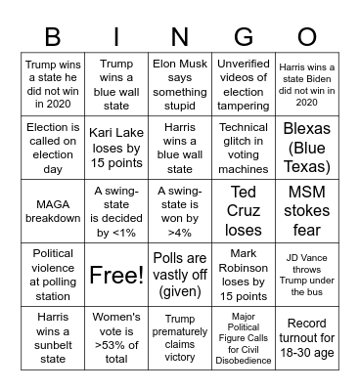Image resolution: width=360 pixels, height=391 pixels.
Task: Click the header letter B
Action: click(53, 37)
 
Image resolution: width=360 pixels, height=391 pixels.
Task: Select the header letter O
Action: click(306, 37)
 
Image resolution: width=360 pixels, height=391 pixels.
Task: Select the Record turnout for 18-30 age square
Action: click(306, 338)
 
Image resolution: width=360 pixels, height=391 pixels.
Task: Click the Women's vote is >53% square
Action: click(116, 338)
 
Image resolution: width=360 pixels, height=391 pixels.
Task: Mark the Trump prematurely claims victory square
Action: click(180, 338)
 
